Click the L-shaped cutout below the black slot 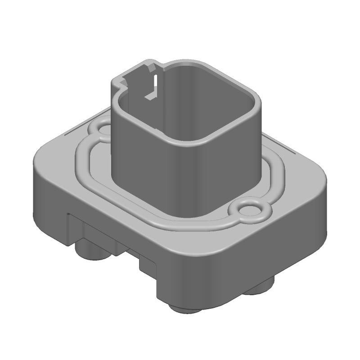(148, 95)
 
